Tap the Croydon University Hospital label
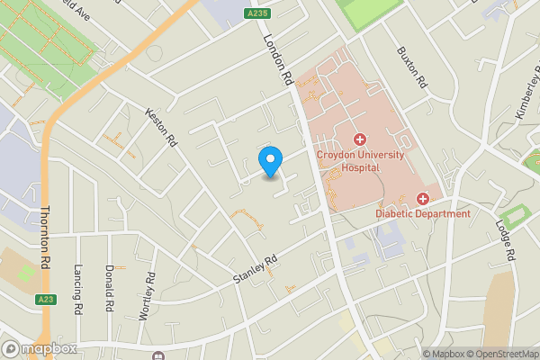click(x=360, y=161)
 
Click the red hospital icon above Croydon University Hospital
click(x=360, y=139)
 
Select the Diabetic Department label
click(x=423, y=213)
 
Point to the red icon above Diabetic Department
click(x=423, y=198)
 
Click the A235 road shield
click(x=256, y=13)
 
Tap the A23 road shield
click(x=46, y=299)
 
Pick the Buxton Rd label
click(x=410, y=66)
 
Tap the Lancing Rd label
click(x=78, y=289)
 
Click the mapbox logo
click(x=39, y=348)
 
